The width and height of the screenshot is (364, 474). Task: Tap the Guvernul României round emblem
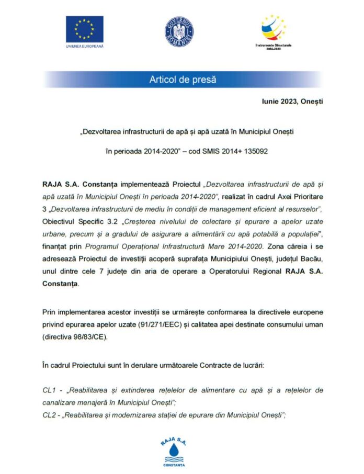tap(179, 30)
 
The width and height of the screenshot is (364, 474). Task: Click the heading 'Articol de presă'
tap(183, 80)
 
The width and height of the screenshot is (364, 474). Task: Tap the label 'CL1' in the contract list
tap(49, 390)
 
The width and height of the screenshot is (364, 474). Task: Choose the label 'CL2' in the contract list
tap(49, 415)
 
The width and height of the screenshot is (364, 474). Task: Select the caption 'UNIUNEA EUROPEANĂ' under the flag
tap(84, 47)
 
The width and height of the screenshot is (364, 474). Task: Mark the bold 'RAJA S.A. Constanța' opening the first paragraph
tap(79, 185)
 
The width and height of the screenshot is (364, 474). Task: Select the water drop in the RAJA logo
tap(174, 450)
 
